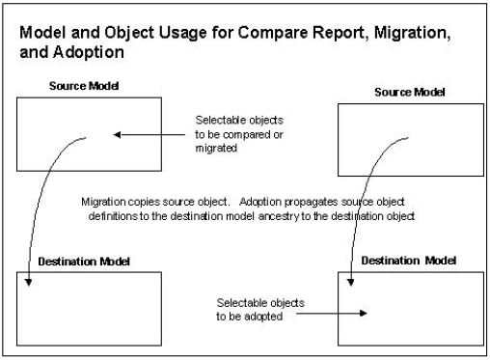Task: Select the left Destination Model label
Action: (74, 262)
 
